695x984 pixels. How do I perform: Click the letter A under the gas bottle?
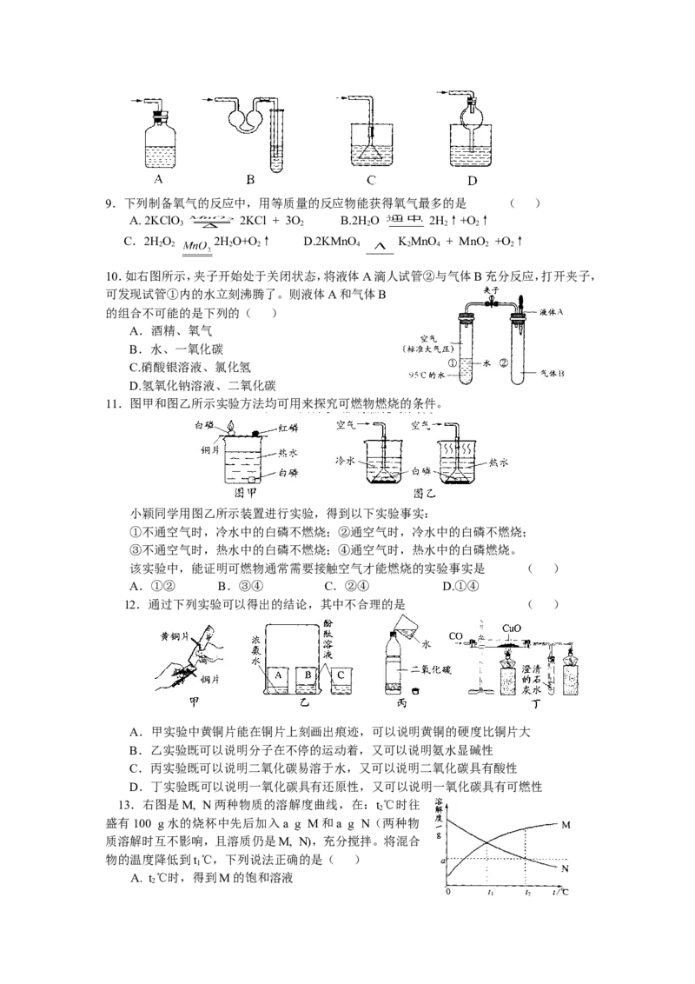[158, 180]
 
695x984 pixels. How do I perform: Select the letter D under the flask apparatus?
[472, 181]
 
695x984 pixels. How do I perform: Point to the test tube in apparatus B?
[278, 139]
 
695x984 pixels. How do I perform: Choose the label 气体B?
[550, 374]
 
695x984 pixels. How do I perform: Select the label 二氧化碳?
[432, 669]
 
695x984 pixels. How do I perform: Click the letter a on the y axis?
[443, 861]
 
